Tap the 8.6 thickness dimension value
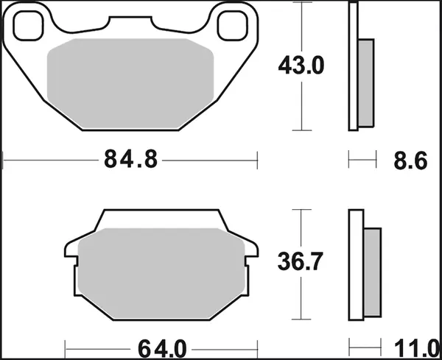pyautogui.click(x=410, y=159)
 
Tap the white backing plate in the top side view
pyautogui.click(x=354, y=66)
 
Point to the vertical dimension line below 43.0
pyautogui.click(x=301, y=103)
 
